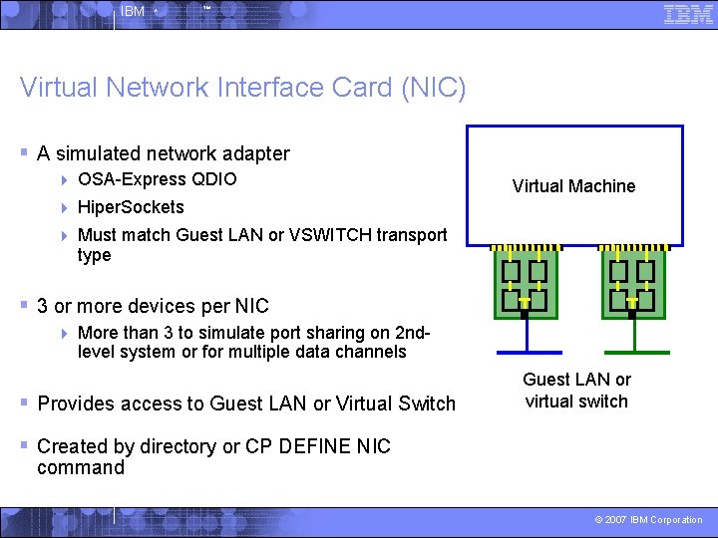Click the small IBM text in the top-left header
(x=132, y=12)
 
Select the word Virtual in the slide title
(x=58, y=88)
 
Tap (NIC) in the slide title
(x=433, y=88)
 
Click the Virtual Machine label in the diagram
(x=573, y=186)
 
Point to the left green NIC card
(x=526, y=283)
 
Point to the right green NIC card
(x=633, y=283)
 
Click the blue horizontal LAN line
(x=530, y=353)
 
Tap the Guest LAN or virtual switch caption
(x=576, y=391)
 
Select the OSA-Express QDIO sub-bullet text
(x=158, y=179)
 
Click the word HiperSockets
(x=131, y=207)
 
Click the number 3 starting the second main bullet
(x=43, y=306)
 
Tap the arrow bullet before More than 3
(x=64, y=333)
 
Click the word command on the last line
(x=81, y=468)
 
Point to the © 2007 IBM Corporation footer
(x=648, y=520)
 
